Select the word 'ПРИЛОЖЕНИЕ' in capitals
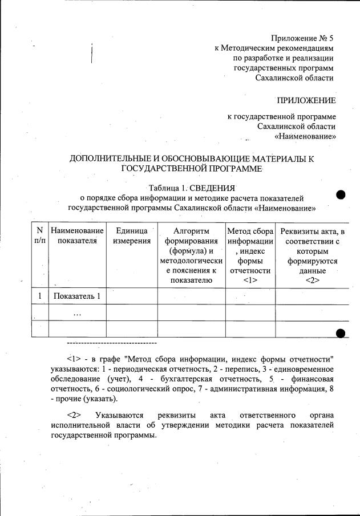coord(306,100)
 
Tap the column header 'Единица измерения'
coord(132,235)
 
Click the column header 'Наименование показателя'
coord(77,235)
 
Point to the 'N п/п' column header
coord(39,235)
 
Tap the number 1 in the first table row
coord(40,296)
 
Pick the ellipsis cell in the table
coord(77,313)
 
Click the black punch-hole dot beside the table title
coord(341,194)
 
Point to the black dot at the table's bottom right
coord(341,334)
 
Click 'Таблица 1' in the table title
coord(167,188)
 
